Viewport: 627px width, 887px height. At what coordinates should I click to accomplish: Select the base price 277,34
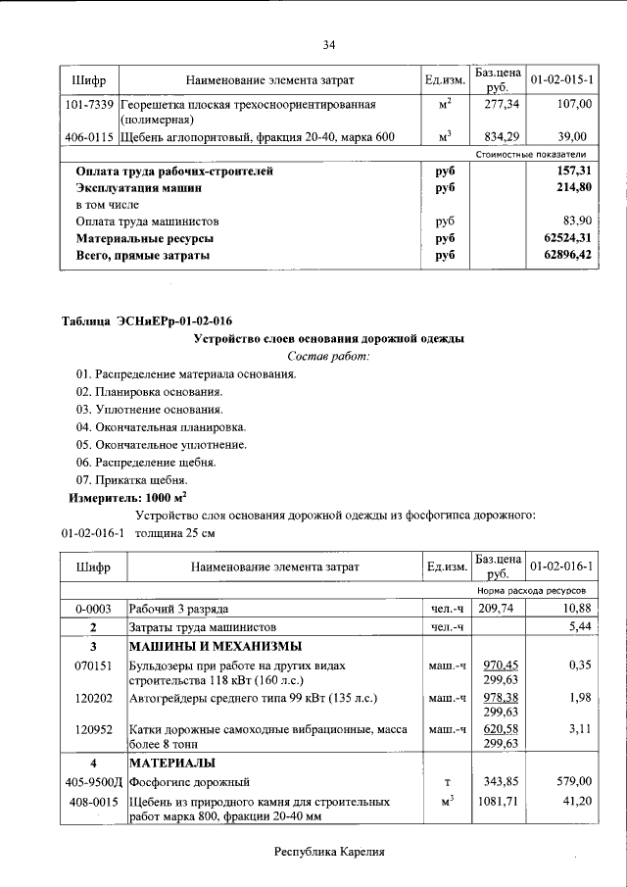click(501, 103)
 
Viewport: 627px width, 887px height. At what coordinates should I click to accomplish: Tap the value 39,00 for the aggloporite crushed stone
click(573, 136)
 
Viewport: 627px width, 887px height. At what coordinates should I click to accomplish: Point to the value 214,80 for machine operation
click(573, 187)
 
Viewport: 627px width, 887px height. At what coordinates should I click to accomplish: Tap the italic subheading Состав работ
click(328, 356)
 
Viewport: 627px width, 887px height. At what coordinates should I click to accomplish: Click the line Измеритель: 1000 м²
click(127, 497)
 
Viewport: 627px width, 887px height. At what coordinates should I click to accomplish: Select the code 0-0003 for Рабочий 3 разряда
click(90, 609)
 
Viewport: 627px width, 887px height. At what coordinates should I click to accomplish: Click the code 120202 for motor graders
click(90, 697)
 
